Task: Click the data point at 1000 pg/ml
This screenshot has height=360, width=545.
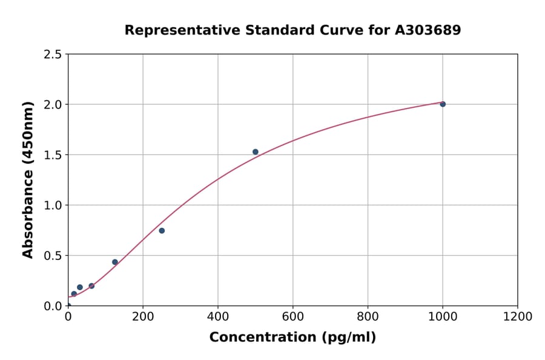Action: pos(443,104)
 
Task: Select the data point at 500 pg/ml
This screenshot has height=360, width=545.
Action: pos(256,152)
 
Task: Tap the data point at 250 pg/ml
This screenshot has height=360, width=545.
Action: pos(162,230)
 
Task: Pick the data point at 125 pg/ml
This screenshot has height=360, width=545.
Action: pos(115,262)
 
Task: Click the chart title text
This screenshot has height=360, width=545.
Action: pos(292,30)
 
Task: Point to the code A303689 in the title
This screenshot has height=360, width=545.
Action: pos(428,30)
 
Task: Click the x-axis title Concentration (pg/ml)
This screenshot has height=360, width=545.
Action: pos(292,338)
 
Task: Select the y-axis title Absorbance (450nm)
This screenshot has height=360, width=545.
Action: pos(28,179)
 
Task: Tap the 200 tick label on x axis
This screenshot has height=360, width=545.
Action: pos(143,317)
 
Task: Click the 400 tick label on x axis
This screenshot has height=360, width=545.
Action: pos(218,317)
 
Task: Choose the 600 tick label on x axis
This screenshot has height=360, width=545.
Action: pos(292,317)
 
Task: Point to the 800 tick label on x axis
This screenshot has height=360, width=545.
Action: pos(368,317)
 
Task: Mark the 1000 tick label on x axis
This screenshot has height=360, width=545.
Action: pos(443,317)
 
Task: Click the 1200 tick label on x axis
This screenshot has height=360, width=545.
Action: pos(518,317)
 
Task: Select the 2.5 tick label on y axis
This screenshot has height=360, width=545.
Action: pos(53,55)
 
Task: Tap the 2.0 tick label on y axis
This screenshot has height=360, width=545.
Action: pos(53,104)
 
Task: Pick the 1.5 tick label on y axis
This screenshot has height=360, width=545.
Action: pos(53,155)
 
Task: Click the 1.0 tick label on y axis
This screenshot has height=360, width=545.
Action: pos(53,205)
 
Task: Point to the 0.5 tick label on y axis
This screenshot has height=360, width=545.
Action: pos(53,255)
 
